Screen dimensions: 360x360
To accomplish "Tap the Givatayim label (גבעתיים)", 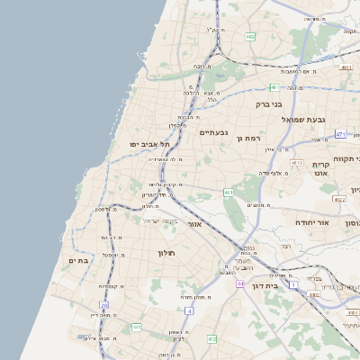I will [215, 132].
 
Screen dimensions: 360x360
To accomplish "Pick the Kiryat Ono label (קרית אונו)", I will [323, 170].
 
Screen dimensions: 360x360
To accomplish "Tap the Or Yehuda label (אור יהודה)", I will [312, 221].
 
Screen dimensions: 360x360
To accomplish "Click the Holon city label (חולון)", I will [168, 253].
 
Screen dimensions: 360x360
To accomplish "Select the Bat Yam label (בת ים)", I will [80, 260].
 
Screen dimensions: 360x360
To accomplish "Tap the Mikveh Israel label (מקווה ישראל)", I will [162, 221].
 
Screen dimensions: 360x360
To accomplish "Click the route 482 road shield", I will [250, 37].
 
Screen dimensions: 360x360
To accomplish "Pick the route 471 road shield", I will [339, 134].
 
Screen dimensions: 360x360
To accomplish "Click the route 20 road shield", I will [92, 305].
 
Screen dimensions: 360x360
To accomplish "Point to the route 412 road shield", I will [212, 338].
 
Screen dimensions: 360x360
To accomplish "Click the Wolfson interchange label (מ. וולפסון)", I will [106, 209].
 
